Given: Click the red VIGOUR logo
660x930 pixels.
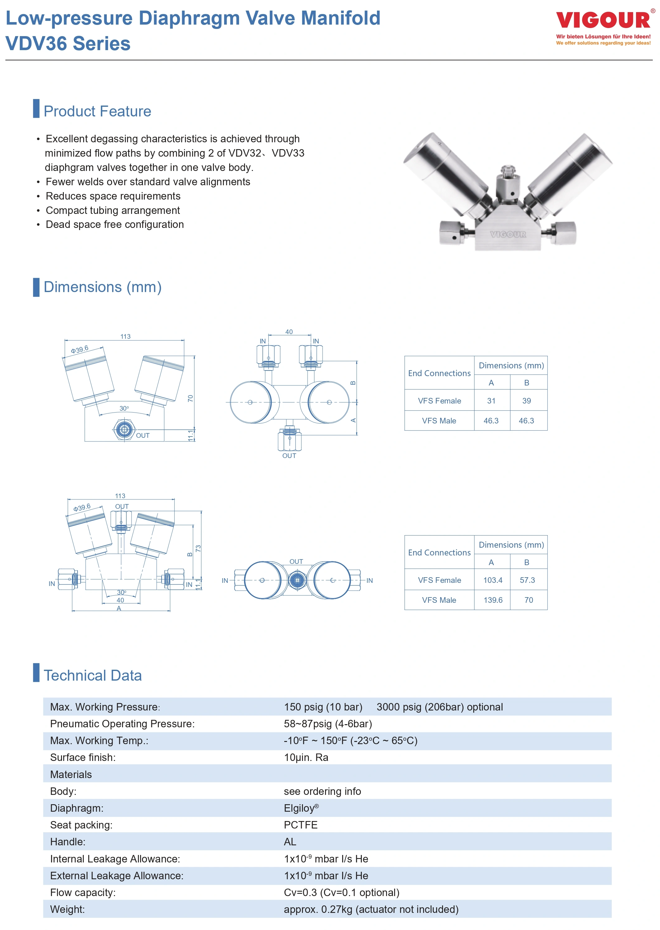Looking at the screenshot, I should tap(603, 20).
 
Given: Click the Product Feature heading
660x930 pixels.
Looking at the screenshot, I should tap(97, 111).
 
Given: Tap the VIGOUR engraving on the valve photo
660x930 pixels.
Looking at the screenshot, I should tap(508, 234).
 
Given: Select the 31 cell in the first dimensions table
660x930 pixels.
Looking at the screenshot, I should tap(491, 401).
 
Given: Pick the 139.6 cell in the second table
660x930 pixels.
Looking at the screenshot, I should tap(493, 600).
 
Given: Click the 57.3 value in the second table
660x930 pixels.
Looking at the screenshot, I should tap(527, 580).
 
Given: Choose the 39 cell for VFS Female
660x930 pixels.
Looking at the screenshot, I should tap(526, 401).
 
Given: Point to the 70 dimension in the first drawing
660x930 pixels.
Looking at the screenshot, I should tap(190, 398).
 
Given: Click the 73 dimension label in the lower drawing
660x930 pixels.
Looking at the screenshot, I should tap(198, 548).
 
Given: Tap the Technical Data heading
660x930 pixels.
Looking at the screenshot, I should tap(93, 676).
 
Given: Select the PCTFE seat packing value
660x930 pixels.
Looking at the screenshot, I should tap(301, 825).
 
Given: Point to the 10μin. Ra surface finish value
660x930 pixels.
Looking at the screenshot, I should tap(306, 757).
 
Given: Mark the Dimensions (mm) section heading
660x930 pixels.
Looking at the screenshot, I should tap(102, 287).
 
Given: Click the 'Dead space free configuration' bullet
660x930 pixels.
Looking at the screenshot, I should tap(115, 224).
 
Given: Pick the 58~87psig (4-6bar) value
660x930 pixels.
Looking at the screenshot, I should tap(328, 724).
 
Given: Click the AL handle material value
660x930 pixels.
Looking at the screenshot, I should tap(290, 842).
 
